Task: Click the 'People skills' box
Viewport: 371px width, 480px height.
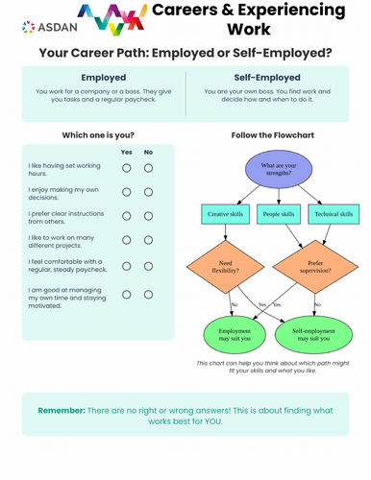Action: pos(280,213)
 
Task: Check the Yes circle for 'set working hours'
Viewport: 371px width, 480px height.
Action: pos(127,168)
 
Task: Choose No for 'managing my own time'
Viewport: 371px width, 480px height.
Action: pos(149,293)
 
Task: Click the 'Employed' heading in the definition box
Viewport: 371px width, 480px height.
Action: pos(103,76)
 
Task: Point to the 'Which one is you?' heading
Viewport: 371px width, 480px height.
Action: pos(98,134)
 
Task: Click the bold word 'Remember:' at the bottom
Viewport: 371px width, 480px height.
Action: pos(62,410)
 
